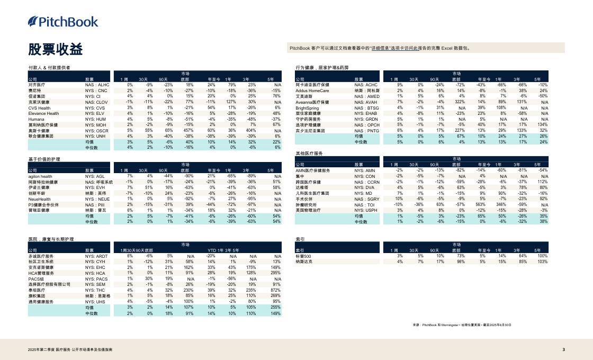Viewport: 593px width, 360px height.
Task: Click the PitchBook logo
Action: click(x=63, y=22)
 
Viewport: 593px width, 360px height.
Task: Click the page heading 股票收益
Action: click(x=56, y=49)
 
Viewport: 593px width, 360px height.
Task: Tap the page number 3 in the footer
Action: click(x=563, y=349)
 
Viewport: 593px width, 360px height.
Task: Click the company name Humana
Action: click(x=37, y=119)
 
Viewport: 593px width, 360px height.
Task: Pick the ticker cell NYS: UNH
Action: click(x=96, y=136)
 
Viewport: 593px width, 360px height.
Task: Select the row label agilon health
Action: click(x=40, y=176)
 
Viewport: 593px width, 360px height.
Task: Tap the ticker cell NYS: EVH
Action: click(x=95, y=187)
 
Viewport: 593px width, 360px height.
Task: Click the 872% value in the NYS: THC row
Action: click(x=275, y=290)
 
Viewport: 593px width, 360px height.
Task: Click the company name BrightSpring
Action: click(x=307, y=107)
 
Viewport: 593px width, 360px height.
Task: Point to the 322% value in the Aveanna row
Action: click(x=459, y=102)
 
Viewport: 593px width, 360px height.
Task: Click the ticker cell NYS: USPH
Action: click(x=366, y=210)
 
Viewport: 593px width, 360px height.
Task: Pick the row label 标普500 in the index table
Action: click(x=304, y=256)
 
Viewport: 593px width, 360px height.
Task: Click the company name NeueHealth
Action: click(x=40, y=199)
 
